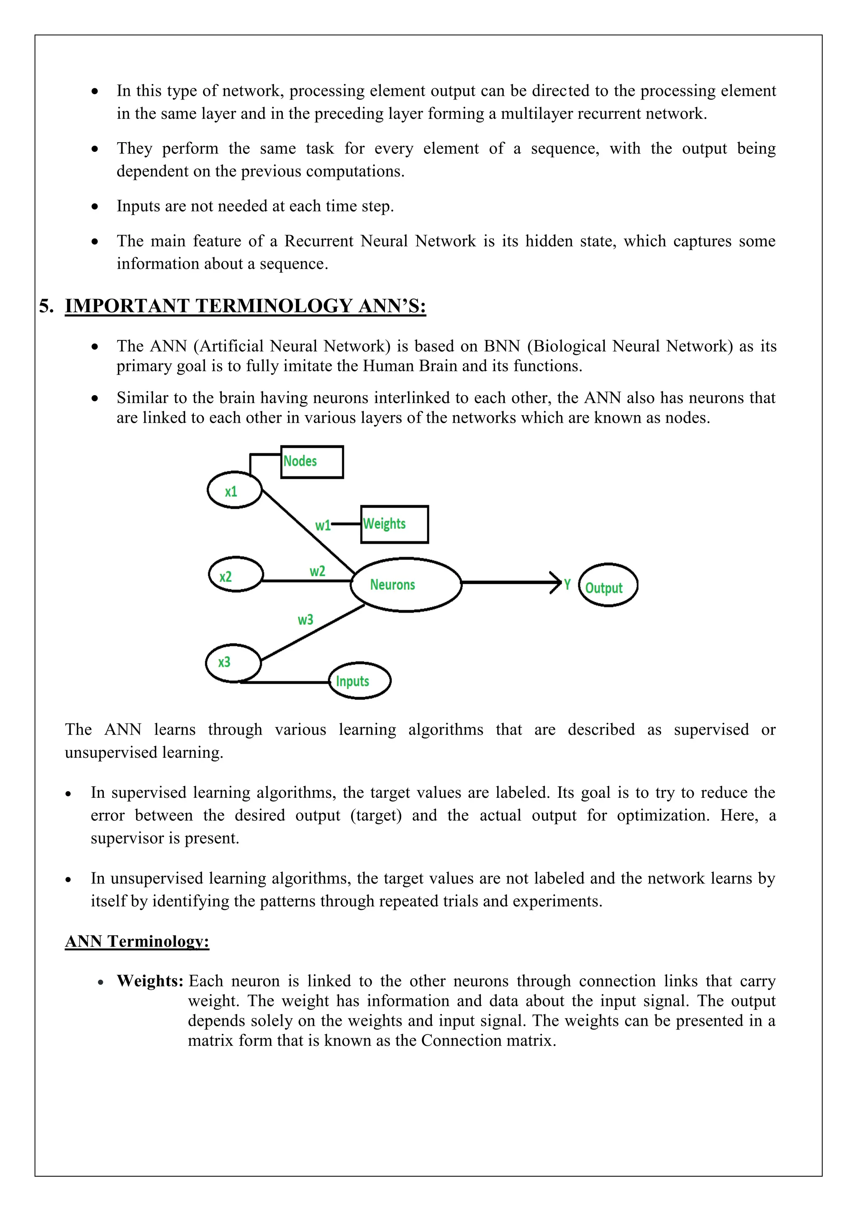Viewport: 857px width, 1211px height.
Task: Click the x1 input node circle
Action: [x=234, y=491]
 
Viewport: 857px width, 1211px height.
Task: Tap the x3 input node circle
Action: [x=233, y=662]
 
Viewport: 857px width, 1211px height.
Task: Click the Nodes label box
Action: [x=312, y=462]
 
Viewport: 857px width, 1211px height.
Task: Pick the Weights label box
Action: [x=394, y=524]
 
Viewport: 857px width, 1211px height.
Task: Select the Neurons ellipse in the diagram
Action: [x=406, y=585]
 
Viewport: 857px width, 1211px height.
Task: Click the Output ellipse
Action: [x=608, y=585]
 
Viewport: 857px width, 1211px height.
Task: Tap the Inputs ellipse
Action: [x=359, y=681]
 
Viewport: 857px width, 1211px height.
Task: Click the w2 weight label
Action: [x=317, y=571]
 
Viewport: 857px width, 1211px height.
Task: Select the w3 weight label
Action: [x=305, y=620]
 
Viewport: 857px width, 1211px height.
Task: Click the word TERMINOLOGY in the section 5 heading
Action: [x=273, y=306]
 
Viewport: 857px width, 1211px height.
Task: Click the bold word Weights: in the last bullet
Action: [x=150, y=981]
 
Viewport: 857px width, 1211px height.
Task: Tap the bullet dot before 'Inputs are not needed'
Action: [x=95, y=207]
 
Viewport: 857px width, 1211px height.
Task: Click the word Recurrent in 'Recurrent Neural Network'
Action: [x=319, y=241]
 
